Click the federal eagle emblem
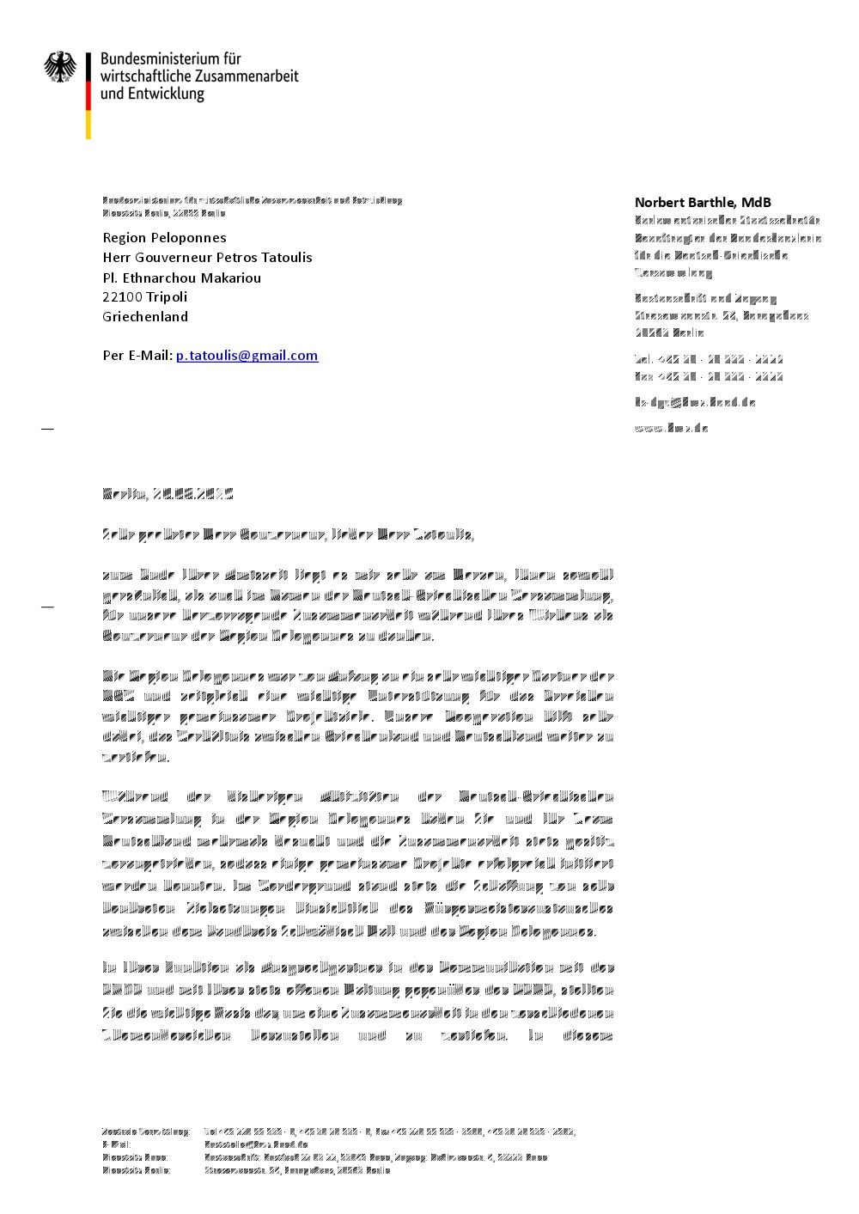pyautogui.click(x=60, y=67)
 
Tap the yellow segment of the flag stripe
pyautogui.click(x=88, y=124)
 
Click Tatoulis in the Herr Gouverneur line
pyautogui.click(x=287, y=258)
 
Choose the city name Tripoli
pyautogui.click(x=167, y=297)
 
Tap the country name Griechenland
pyautogui.click(x=145, y=317)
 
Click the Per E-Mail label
pyautogui.click(x=137, y=356)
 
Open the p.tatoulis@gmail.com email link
pyautogui.click(x=247, y=356)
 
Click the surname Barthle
pyautogui.click(x=710, y=203)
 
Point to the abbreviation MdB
pyautogui.click(x=756, y=203)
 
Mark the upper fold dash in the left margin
pyautogui.click(x=47, y=428)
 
